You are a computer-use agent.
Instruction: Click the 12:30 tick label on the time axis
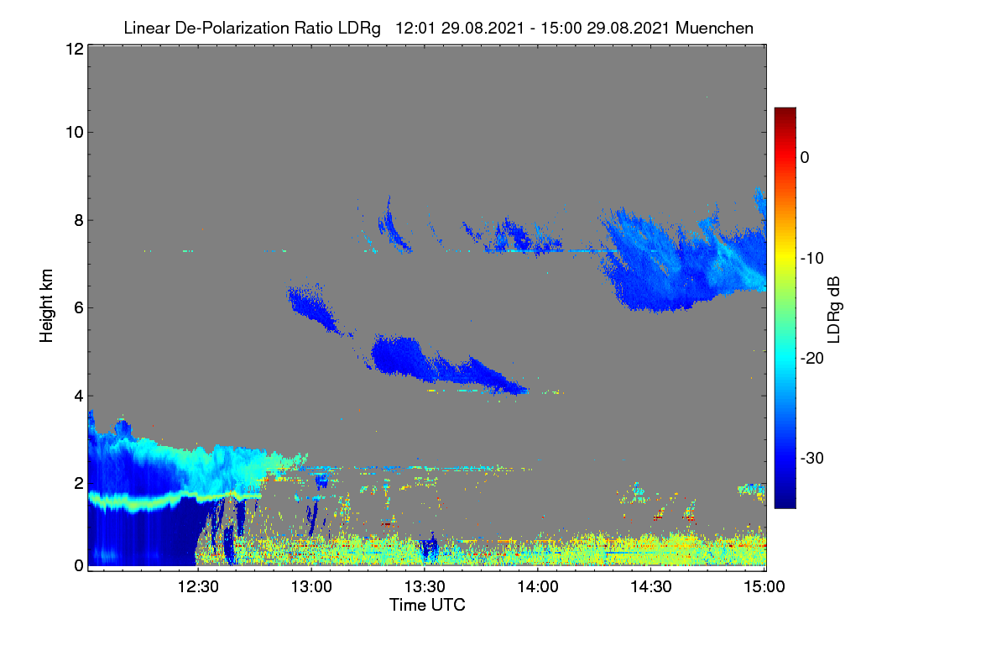(x=198, y=587)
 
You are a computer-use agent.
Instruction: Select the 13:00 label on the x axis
(x=311, y=587)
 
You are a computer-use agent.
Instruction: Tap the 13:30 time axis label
(x=425, y=587)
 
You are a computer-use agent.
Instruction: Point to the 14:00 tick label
(x=538, y=587)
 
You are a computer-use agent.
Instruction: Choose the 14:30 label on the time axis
(x=651, y=587)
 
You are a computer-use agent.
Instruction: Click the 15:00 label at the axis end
(x=764, y=587)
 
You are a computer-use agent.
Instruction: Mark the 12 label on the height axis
(x=75, y=49)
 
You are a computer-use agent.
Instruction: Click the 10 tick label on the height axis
(x=75, y=133)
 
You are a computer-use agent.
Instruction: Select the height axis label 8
(x=79, y=221)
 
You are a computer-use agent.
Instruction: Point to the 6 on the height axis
(x=79, y=308)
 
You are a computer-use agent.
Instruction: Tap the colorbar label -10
(x=812, y=259)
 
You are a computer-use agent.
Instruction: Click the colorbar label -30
(x=812, y=458)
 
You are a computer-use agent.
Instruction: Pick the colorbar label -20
(x=812, y=359)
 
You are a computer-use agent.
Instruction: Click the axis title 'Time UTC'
(x=427, y=605)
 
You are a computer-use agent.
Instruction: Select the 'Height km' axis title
(x=46, y=306)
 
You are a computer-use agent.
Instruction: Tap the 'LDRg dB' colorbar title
(x=834, y=310)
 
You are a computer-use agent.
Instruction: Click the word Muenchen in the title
(x=714, y=28)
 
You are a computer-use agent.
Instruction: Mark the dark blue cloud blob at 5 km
(x=400, y=355)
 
